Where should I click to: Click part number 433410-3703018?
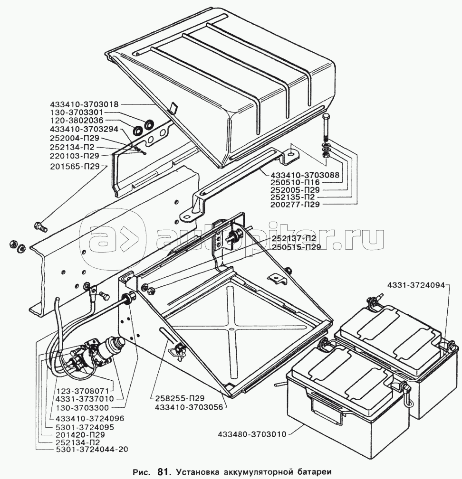point(84,104)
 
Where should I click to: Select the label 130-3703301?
point(77,113)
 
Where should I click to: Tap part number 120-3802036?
point(77,121)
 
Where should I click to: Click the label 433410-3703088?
point(305,175)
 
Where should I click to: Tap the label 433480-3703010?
point(252,434)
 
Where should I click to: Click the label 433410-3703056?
point(190,407)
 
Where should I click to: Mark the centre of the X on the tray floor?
point(231,329)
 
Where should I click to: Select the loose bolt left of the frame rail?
point(40,226)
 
